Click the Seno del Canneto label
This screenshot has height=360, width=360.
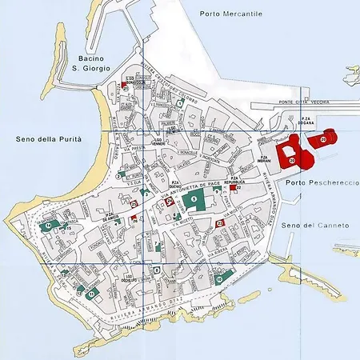(316, 226)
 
